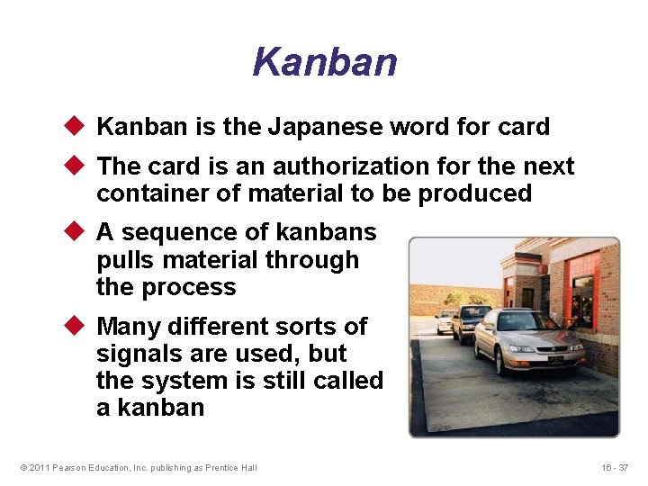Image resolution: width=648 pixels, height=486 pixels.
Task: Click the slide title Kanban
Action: tap(324, 63)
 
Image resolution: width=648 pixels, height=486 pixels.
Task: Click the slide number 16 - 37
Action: tap(615, 467)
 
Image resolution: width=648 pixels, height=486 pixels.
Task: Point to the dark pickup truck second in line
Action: tap(470, 321)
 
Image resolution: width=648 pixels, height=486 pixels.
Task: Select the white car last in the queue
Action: tap(445, 320)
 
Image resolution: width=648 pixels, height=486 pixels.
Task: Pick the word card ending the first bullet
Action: tap(521, 127)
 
